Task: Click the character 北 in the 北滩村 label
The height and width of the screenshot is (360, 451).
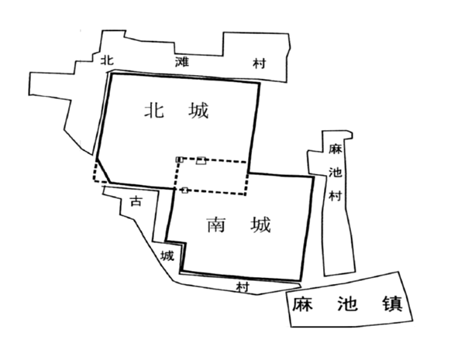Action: (107, 60)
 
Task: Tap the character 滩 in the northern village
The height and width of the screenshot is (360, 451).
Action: (182, 62)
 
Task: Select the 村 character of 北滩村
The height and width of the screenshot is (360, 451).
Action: (259, 63)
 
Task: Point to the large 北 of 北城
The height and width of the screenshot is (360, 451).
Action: (154, 111)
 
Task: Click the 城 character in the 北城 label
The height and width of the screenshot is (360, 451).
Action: (198, 111)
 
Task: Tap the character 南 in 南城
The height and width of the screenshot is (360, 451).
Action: (216, 225)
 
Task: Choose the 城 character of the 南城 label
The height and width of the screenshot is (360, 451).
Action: (260, 225)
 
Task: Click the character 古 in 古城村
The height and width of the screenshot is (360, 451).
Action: (136, 201)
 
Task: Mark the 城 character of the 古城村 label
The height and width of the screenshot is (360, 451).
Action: (167, 255)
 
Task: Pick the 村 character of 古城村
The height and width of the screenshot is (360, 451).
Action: (243, 287)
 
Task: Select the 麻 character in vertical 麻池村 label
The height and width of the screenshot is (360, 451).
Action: (336, 149)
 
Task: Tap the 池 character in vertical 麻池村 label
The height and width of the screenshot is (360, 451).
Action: (335, 173)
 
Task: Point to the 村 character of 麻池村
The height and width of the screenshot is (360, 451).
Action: (335, 196)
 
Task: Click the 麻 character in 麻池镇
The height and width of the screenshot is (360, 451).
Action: (302, 304)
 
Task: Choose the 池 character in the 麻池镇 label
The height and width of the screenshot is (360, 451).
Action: (347, 304)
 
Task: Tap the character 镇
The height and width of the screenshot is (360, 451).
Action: (392, 304)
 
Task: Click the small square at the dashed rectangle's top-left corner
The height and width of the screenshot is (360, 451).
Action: (179, 159)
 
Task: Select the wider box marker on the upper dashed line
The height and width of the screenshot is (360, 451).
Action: (201, 161)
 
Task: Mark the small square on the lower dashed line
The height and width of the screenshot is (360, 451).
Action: (184, 190)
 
